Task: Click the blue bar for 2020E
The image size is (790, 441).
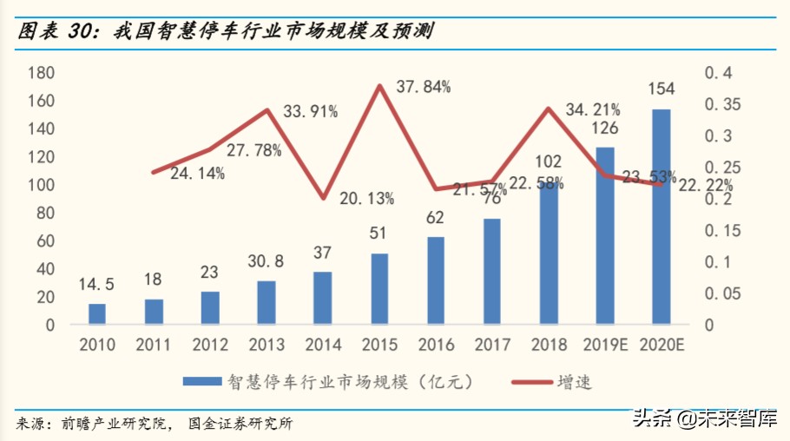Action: pyautogui.click(x=661, y=217)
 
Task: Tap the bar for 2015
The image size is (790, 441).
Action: pyautogui.click(x=379, y=289)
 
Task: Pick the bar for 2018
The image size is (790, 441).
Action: pyautogui.click(x=548, y=253)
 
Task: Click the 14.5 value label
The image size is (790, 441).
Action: pyautogui.click(x=97, y=284)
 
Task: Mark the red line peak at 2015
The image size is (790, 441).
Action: pyautogui.click(x=379, y=85)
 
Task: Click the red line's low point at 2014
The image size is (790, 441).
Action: pyautogui.click(x=323, y=198)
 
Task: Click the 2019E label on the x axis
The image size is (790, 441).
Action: pyautogui.click(x=604, y=345)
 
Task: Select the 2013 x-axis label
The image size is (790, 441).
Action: pyautogui.click(x=267, y=345)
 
